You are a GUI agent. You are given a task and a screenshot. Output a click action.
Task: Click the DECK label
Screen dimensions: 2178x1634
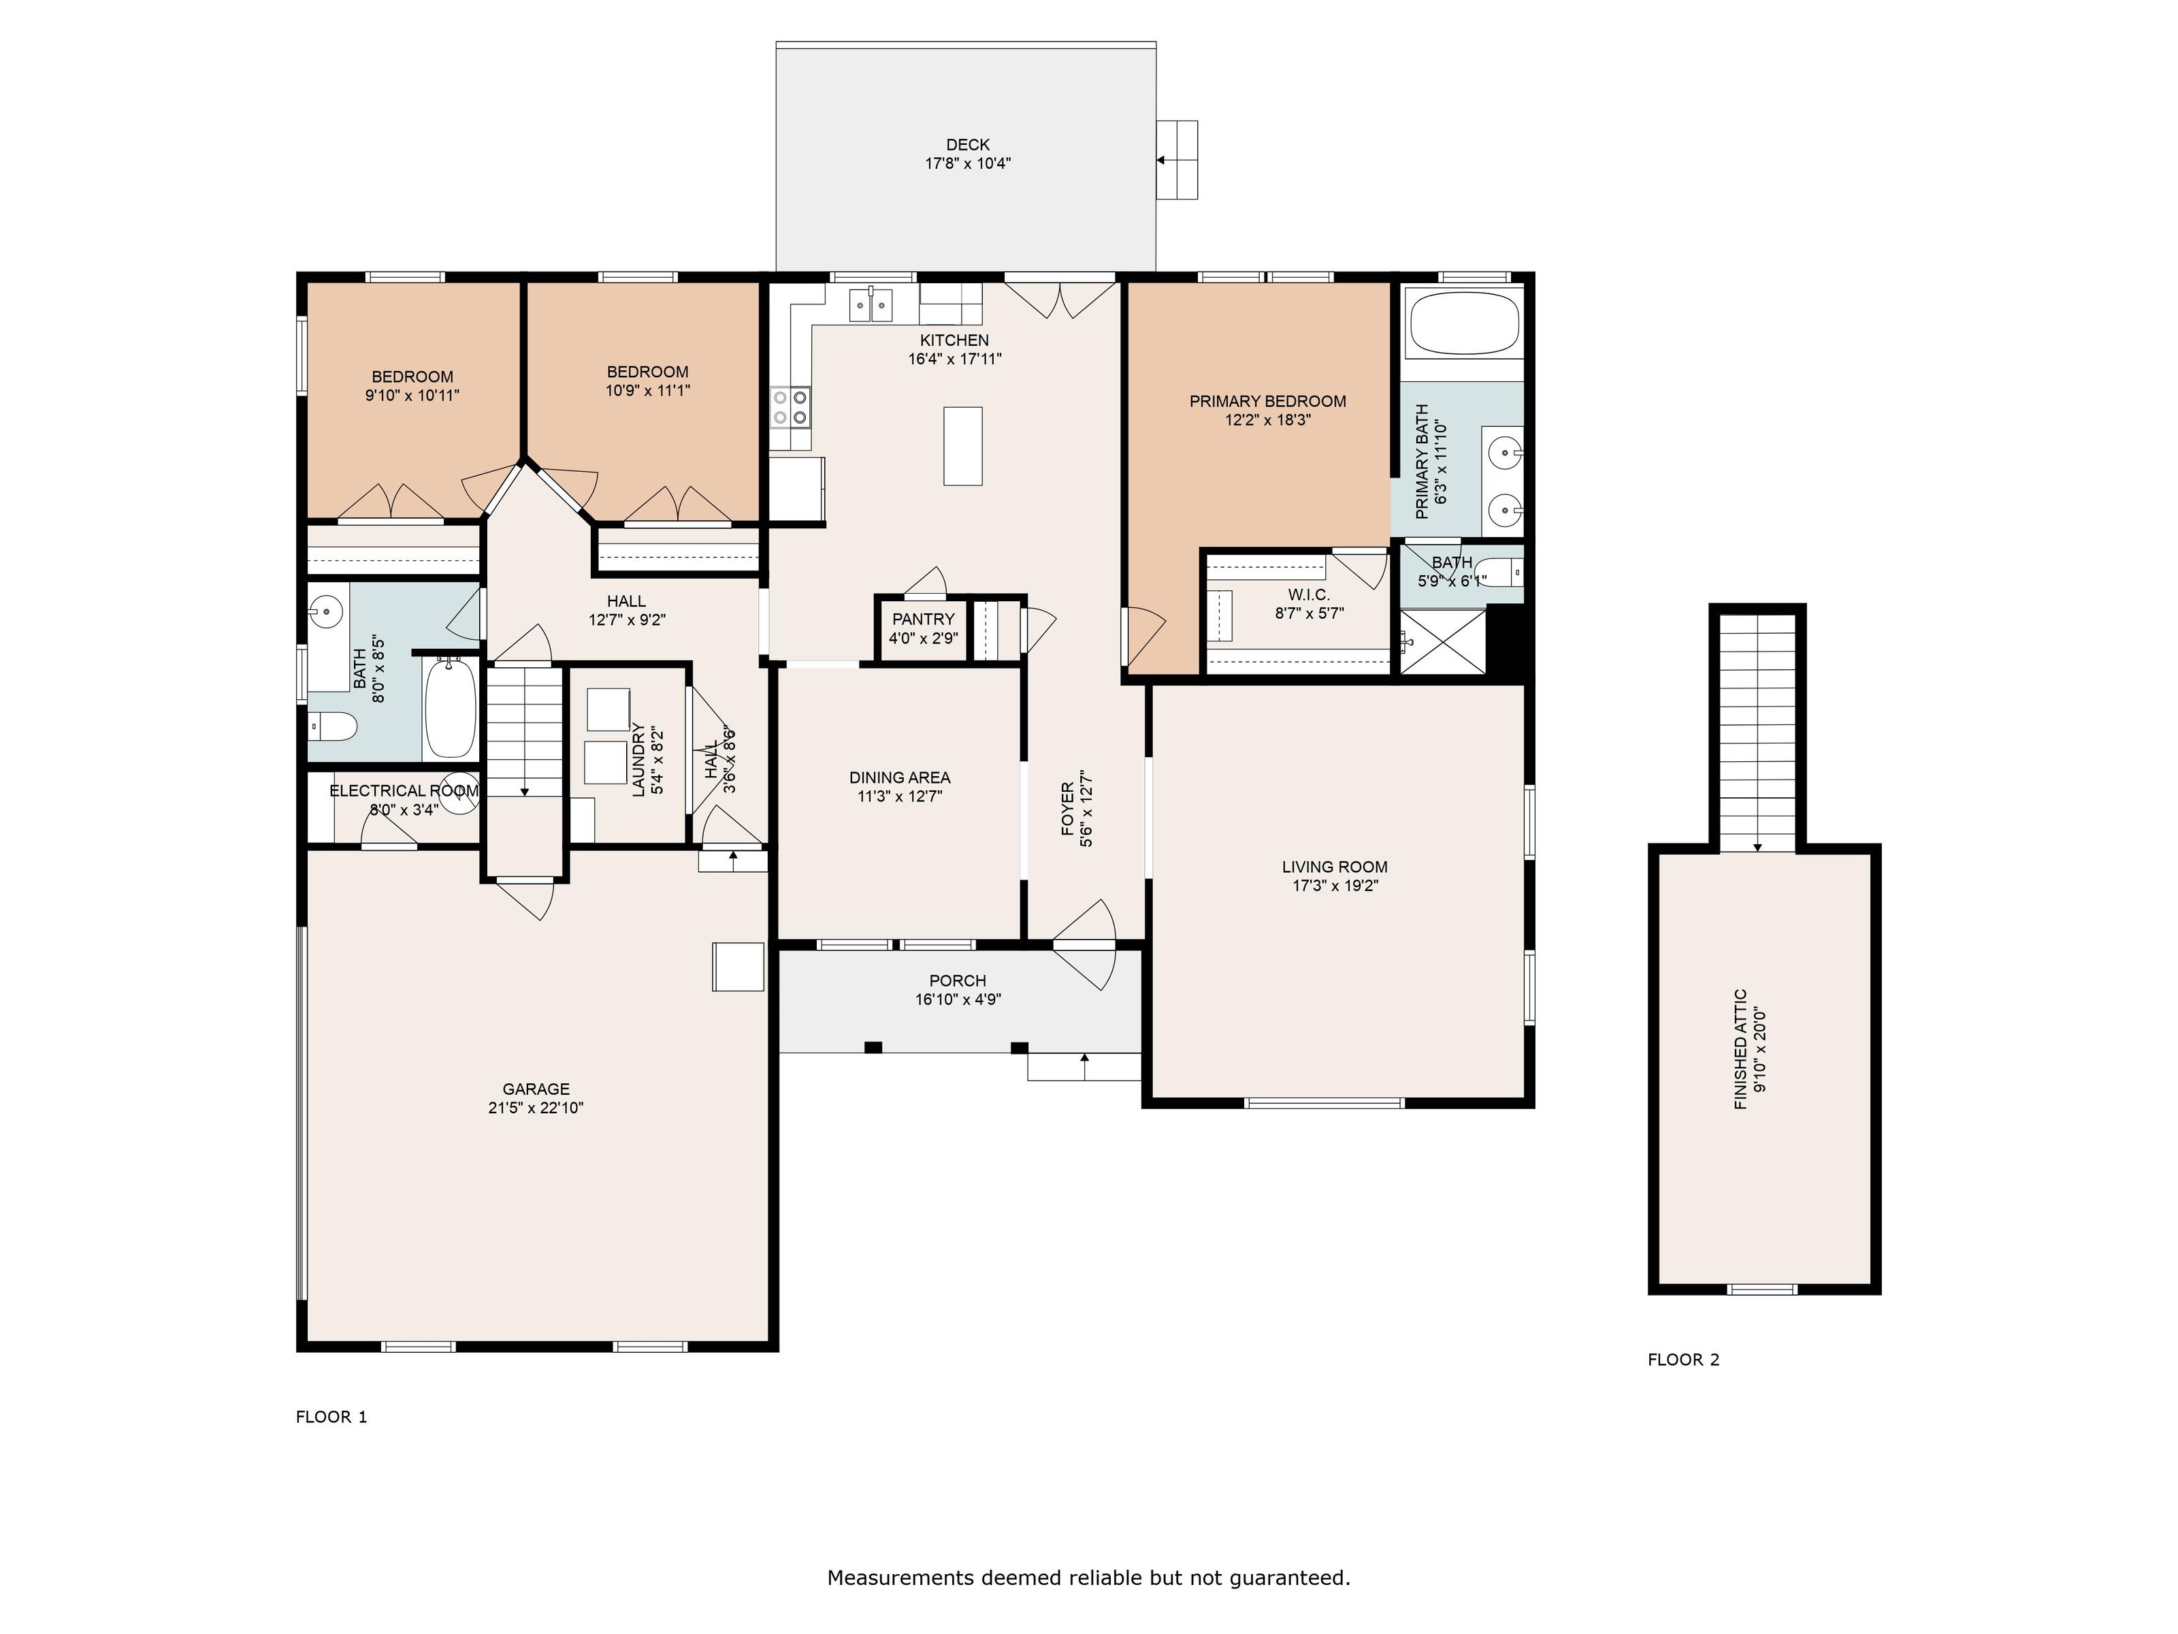(x=968, y=145)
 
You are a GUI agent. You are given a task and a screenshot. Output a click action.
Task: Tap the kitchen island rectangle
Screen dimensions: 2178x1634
(x=963, y=446)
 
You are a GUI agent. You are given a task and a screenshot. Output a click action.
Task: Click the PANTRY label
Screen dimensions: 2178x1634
(x=924, y=618)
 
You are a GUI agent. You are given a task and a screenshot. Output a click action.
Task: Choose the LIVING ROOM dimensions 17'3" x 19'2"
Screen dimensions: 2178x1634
(x=1335, y=886)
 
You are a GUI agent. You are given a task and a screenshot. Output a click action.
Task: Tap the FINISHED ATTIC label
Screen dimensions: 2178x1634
(x=1741, y=1049)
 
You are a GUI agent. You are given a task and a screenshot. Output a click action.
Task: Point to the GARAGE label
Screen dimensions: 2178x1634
(x=536, y=1089)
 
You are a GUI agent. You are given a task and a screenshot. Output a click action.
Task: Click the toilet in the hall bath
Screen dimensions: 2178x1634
(x=333, y=728)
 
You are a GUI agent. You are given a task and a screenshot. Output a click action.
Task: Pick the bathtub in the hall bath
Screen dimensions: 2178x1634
(x=450, y=708)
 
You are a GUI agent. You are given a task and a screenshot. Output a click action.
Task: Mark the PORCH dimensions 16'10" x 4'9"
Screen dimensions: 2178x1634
(x=958, y=999)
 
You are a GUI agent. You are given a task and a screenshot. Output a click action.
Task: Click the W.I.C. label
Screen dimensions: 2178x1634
(x=1310, y=595)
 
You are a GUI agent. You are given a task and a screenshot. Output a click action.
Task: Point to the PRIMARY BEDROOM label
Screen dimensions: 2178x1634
(x=1267, y=402)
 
